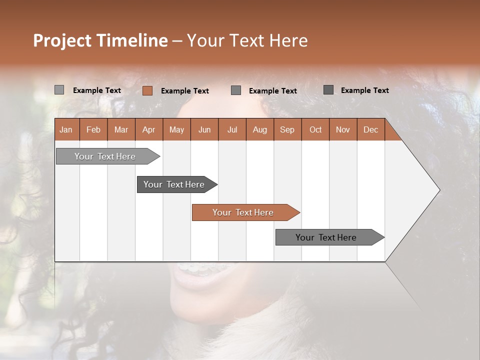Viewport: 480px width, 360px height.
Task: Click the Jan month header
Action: pyautogui.click(x=66, y=129)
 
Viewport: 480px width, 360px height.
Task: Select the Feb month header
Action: pyautogui.click(x=93, y=129)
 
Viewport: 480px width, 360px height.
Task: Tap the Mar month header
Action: pyautogui.click(x=121, y=129)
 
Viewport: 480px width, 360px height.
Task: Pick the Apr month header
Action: pyautogui.click(x=148, y=129)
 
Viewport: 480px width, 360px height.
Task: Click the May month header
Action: pyautogui.click(x=176, y=129)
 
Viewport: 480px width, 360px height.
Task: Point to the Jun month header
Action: pyautogui.click(x=204, y=129)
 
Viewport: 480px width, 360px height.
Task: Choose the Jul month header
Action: pyautogui.click(x=232, y=129)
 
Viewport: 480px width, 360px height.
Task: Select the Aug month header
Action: pyautogui.click(x=260, y=129)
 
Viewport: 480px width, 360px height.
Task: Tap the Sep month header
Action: pyautogui.click(x=287, y=129)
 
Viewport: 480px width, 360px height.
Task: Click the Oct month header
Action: pyautogui.click(x=315, y=129)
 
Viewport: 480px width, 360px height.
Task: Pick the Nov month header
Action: pyautogui.click(x=343, y=129)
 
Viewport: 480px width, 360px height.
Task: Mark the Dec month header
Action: pyautogui.click(x=371, y=129)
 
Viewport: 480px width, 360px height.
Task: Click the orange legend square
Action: pyautogui.click(x=147, y=90)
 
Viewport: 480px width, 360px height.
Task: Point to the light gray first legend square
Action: pyautogui.click(x=59, y=90)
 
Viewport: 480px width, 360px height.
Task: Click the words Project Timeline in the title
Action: pyautogui.click(x=100, y=40)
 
